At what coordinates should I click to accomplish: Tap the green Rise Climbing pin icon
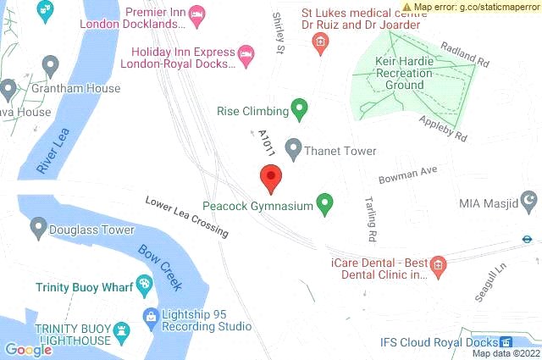tap(298, 109)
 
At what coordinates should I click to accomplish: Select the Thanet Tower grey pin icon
tap(293, 149)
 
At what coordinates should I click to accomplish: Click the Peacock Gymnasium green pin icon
tap(324, 203)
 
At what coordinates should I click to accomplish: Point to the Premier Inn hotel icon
tap(196, 13)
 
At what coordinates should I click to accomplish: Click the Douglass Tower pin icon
tap(38, 228)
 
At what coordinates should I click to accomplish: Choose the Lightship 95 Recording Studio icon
tap(150, 318)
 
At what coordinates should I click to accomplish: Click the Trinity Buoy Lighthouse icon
tap(124, 329)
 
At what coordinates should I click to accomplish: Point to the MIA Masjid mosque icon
tap(530, 202)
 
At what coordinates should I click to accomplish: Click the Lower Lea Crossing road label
tap(186, 217)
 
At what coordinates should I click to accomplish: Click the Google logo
tap(28, 348)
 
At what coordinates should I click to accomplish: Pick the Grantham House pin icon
tap(51, 65)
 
